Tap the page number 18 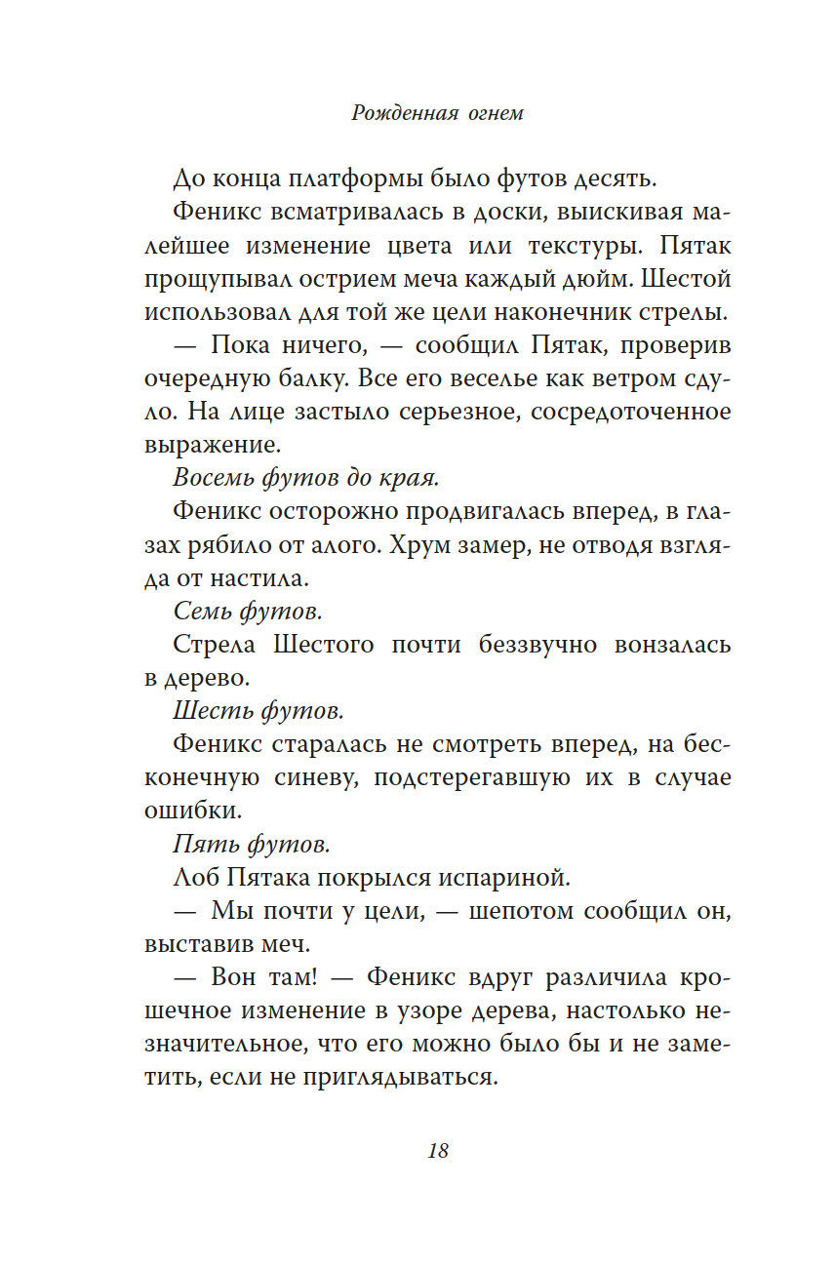pyautogui.click(x=438, y=1150)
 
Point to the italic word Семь pyautogui.click(x=204, y=612)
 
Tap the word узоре pyautogui.click(x=493, y=1011)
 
